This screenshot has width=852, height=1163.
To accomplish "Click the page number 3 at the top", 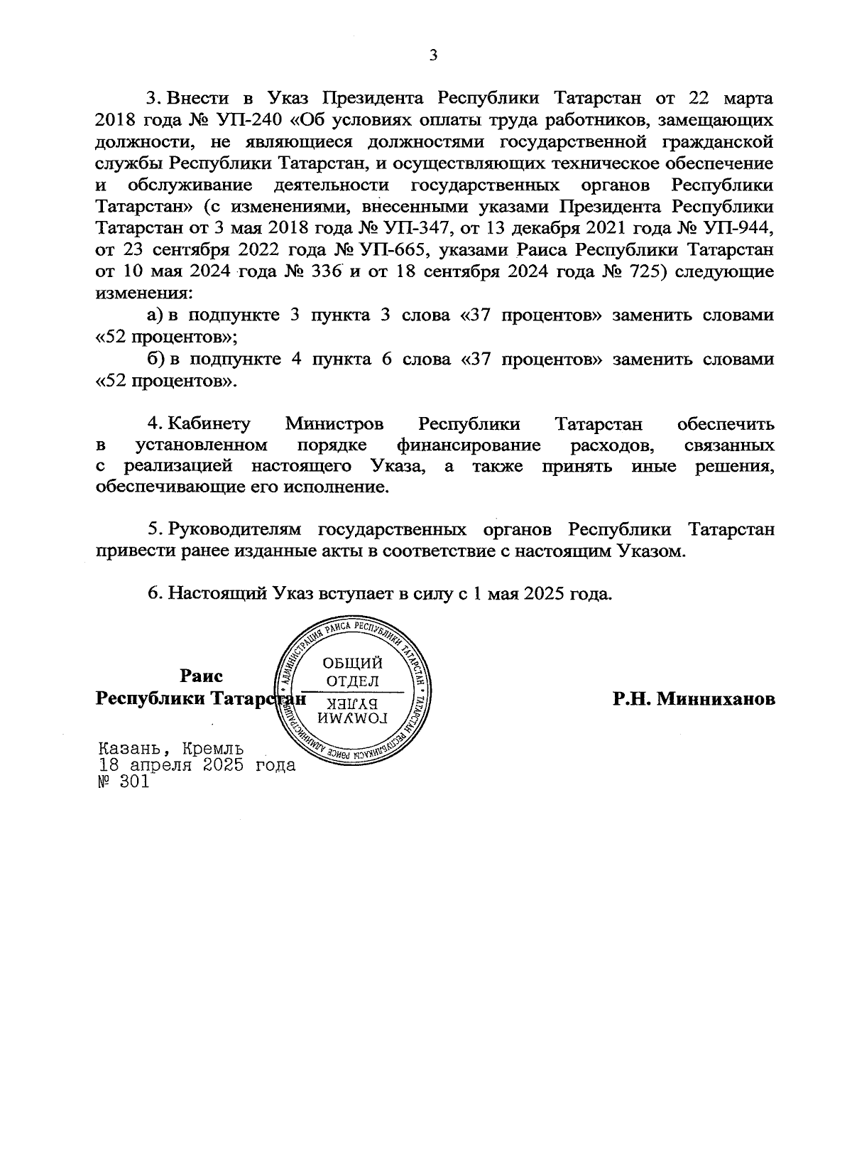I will point(432,56).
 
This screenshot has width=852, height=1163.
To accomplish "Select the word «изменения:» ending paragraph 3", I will point(143,293).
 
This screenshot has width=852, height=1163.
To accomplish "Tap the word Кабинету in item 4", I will point(209,424).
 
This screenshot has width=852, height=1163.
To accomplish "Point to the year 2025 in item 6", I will point(544,594).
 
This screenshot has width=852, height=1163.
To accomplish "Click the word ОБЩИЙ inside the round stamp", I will point(353,663).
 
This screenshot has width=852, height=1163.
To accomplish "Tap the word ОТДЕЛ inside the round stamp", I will point(352,681).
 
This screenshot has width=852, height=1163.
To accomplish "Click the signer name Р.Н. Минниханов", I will point(694,699).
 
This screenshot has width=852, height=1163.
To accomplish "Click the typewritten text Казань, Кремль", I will point(171,749).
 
